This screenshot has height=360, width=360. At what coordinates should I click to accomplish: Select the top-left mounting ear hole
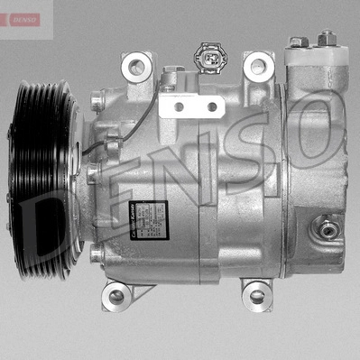[x=137, y=65]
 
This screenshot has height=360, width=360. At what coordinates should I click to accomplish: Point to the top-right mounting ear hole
[x=259, y=65]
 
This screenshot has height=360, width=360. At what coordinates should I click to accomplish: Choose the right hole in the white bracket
[x=212, y=107]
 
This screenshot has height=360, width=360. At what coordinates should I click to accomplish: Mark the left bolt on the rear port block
[x=297, y=42]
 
